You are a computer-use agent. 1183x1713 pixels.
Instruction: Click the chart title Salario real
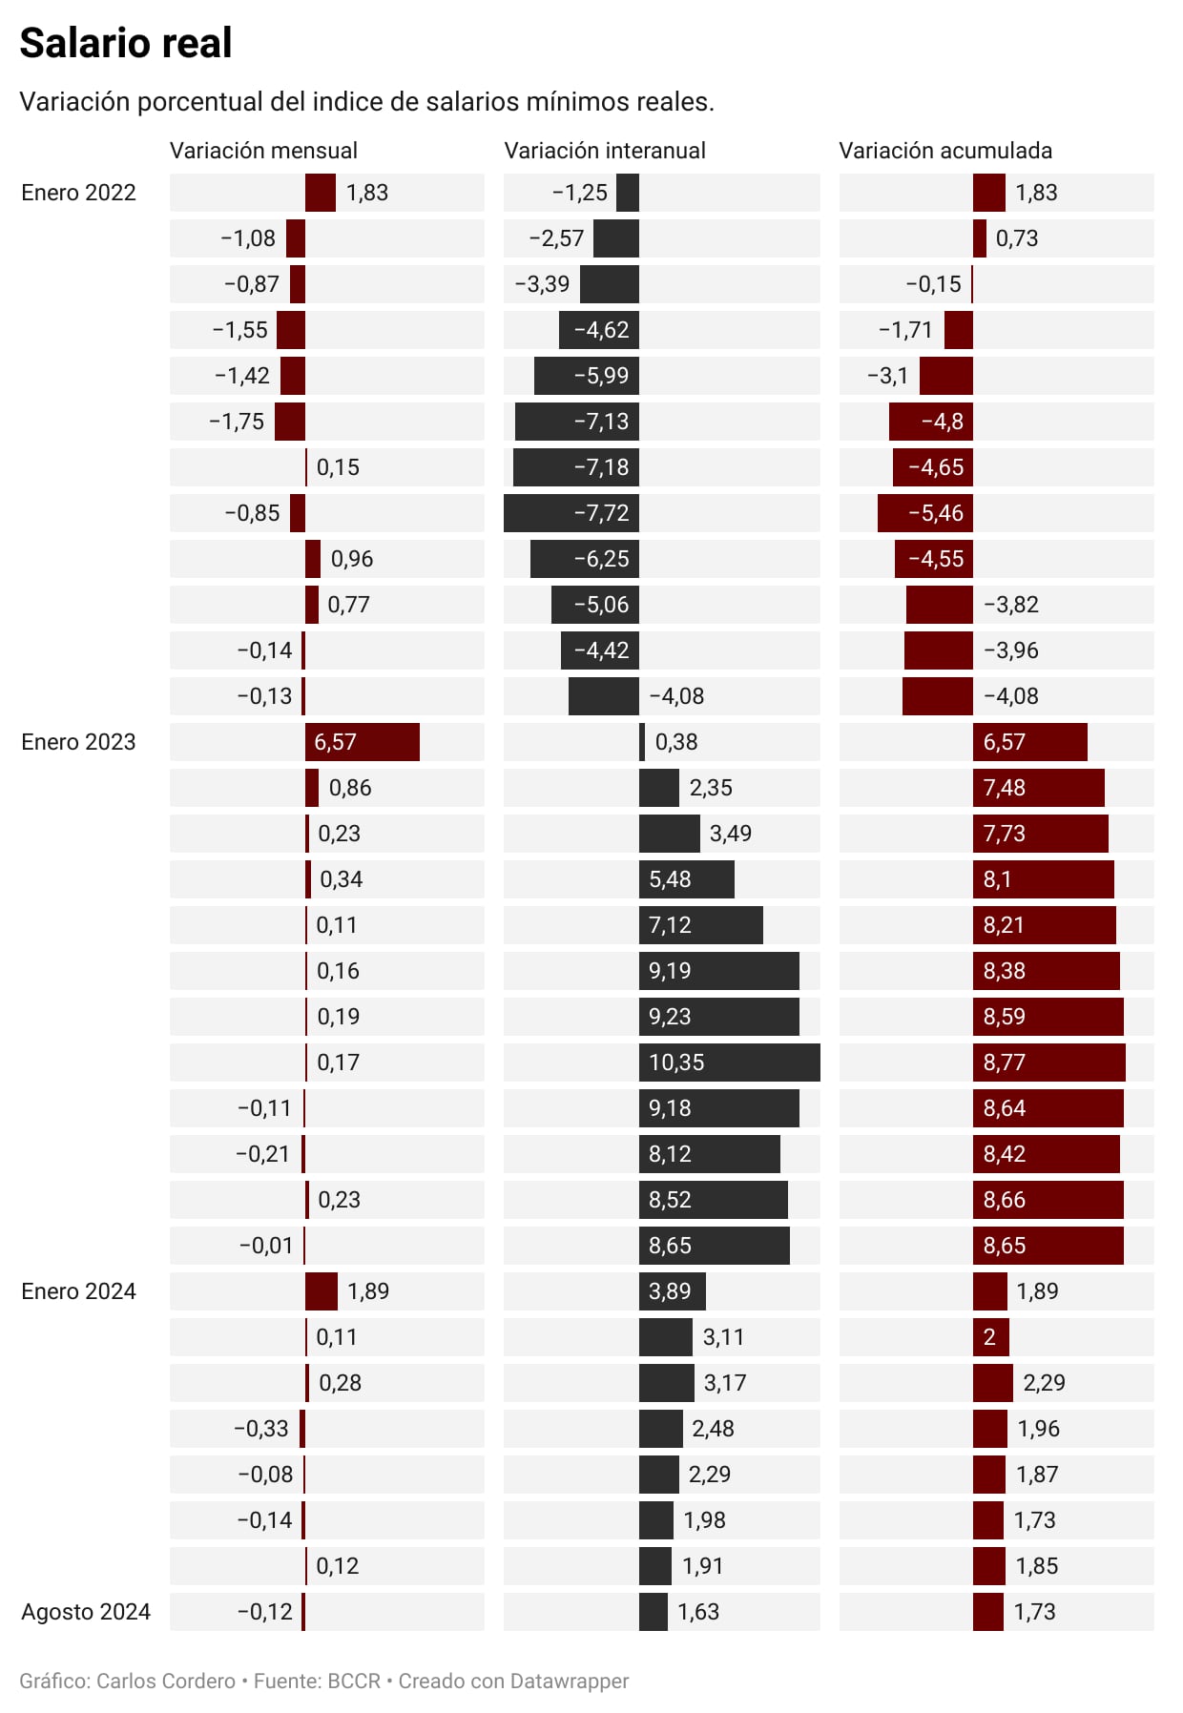tap(125, 43)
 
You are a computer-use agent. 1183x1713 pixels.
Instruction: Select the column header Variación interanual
tap(604, 151)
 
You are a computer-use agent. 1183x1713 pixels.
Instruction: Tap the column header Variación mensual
tap(263, 151)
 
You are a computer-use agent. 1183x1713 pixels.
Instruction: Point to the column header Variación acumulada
tap(944, 151)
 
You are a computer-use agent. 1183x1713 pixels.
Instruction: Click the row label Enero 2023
tap(78, 742)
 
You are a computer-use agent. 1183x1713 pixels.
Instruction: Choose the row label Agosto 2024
tap(86, 1612)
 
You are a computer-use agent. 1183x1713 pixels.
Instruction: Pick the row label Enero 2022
tap(78, 193)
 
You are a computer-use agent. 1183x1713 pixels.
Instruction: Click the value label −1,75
tap(237, 422)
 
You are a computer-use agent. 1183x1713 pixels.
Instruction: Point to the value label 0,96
tap(352, 559)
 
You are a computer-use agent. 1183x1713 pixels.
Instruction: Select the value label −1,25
tap(579, 193)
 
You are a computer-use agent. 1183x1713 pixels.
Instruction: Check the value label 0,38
tap(675, 742)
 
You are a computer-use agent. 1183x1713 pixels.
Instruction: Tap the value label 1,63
tap(697, 1612)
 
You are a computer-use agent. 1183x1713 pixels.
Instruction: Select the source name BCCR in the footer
tap(353, 1681)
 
